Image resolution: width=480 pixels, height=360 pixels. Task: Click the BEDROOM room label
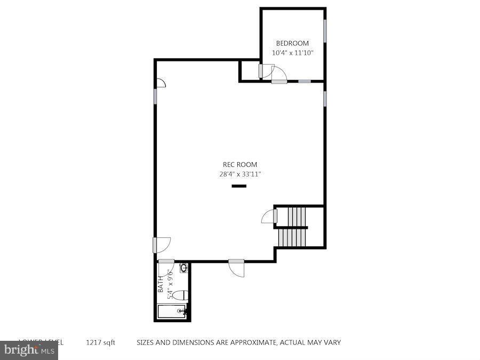click(x=292, y=43)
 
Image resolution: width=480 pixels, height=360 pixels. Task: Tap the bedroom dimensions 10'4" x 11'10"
click(x=292, y=53)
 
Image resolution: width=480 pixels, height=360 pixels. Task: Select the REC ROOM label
click(x=239, y=165)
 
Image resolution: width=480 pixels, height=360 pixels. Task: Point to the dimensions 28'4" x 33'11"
click(x=239, y=174)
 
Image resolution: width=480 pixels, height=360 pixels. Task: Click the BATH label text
click(x=161, y=287)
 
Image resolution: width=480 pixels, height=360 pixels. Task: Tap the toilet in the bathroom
click(x=181, y=295)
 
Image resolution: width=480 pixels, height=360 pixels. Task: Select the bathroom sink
click(x=184, y=268)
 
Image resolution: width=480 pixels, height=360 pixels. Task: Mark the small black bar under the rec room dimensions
click(x=239, y=186)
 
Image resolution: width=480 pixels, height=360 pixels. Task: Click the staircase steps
click(x=295, y=227)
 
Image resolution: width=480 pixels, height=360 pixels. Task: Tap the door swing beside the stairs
click(x=268, y=217)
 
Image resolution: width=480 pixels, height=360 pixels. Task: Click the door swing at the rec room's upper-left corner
click(x=161, y=82)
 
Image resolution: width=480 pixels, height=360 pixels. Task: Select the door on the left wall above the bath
click(x=162, y=245)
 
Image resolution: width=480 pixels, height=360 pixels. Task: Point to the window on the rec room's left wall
click(x=155, y=97)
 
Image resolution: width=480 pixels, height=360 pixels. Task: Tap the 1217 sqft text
click(x=101, y=342)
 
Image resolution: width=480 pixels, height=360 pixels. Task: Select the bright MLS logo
click(x=29, y=350)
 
